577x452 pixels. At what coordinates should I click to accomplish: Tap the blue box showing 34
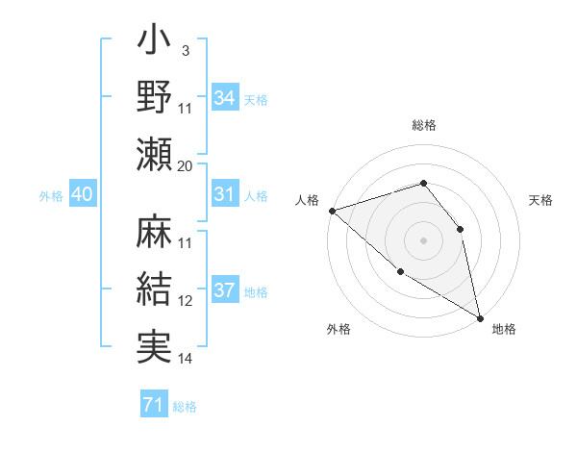225,98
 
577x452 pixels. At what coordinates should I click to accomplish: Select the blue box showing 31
225,194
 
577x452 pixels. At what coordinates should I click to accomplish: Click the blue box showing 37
225,291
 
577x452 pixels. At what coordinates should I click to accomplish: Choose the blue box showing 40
82,194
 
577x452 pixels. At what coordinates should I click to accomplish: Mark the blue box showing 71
154,406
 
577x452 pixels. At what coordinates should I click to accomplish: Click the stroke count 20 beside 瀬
186,165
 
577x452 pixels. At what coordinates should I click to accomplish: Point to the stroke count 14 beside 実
186,358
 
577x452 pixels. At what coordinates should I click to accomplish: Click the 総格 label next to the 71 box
185,407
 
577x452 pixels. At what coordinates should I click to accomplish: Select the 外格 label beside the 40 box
51,196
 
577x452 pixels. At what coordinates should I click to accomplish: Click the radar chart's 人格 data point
331,210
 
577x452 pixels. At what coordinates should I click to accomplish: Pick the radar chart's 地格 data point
479,316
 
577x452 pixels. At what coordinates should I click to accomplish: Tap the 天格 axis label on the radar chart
540,200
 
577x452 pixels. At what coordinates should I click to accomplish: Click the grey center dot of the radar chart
423,239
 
